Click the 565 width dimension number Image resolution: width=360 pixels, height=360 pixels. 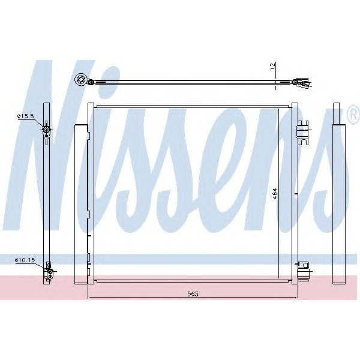coord(192,293)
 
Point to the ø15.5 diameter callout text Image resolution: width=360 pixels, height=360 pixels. coord(26,116)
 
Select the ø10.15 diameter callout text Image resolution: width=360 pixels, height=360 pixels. coord(25,260)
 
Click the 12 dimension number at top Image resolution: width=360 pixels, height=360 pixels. coord(272,67)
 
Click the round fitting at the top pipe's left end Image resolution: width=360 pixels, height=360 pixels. coord(80,80)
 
